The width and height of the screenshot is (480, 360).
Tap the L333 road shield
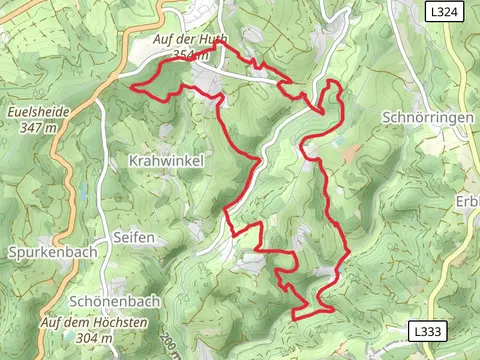[427, 330]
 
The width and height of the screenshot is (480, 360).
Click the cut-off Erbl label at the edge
[467, 201]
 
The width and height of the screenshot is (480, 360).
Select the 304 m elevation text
[94, 338]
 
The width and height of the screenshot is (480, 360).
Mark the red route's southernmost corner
[294, 319]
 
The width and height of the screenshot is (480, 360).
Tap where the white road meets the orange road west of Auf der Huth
[120, 73]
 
